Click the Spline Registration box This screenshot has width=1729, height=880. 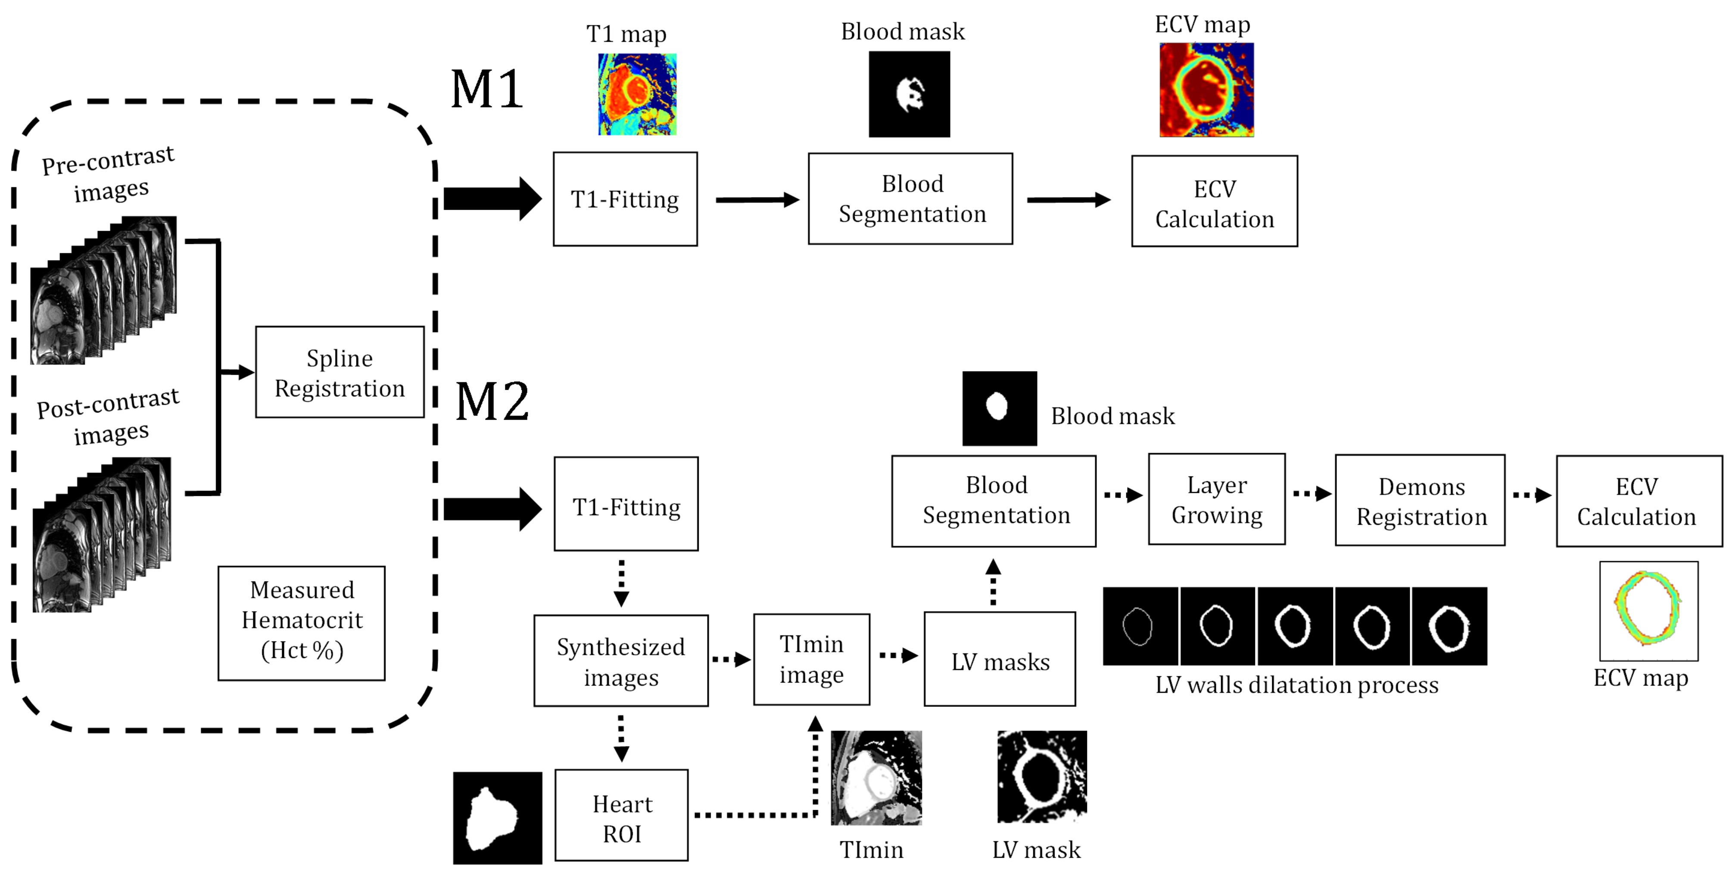[x=340, y=373]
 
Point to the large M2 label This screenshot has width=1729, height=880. [x=492, y=401]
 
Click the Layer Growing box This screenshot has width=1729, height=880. [x=1217, y=499]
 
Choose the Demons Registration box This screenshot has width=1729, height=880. [x=1420, y=501]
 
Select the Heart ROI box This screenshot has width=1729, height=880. [x=622, y=815]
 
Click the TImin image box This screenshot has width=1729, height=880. [x=811, y=659]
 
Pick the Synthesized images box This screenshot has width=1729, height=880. [x=621, y=660]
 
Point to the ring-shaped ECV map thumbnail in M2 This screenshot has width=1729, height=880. [x=1648, y=611]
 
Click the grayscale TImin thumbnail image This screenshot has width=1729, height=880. [x=876, y=778]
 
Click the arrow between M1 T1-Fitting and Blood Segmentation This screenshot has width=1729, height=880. [x=757, y=199]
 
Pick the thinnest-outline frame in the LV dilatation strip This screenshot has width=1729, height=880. [x=1140, y=626]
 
